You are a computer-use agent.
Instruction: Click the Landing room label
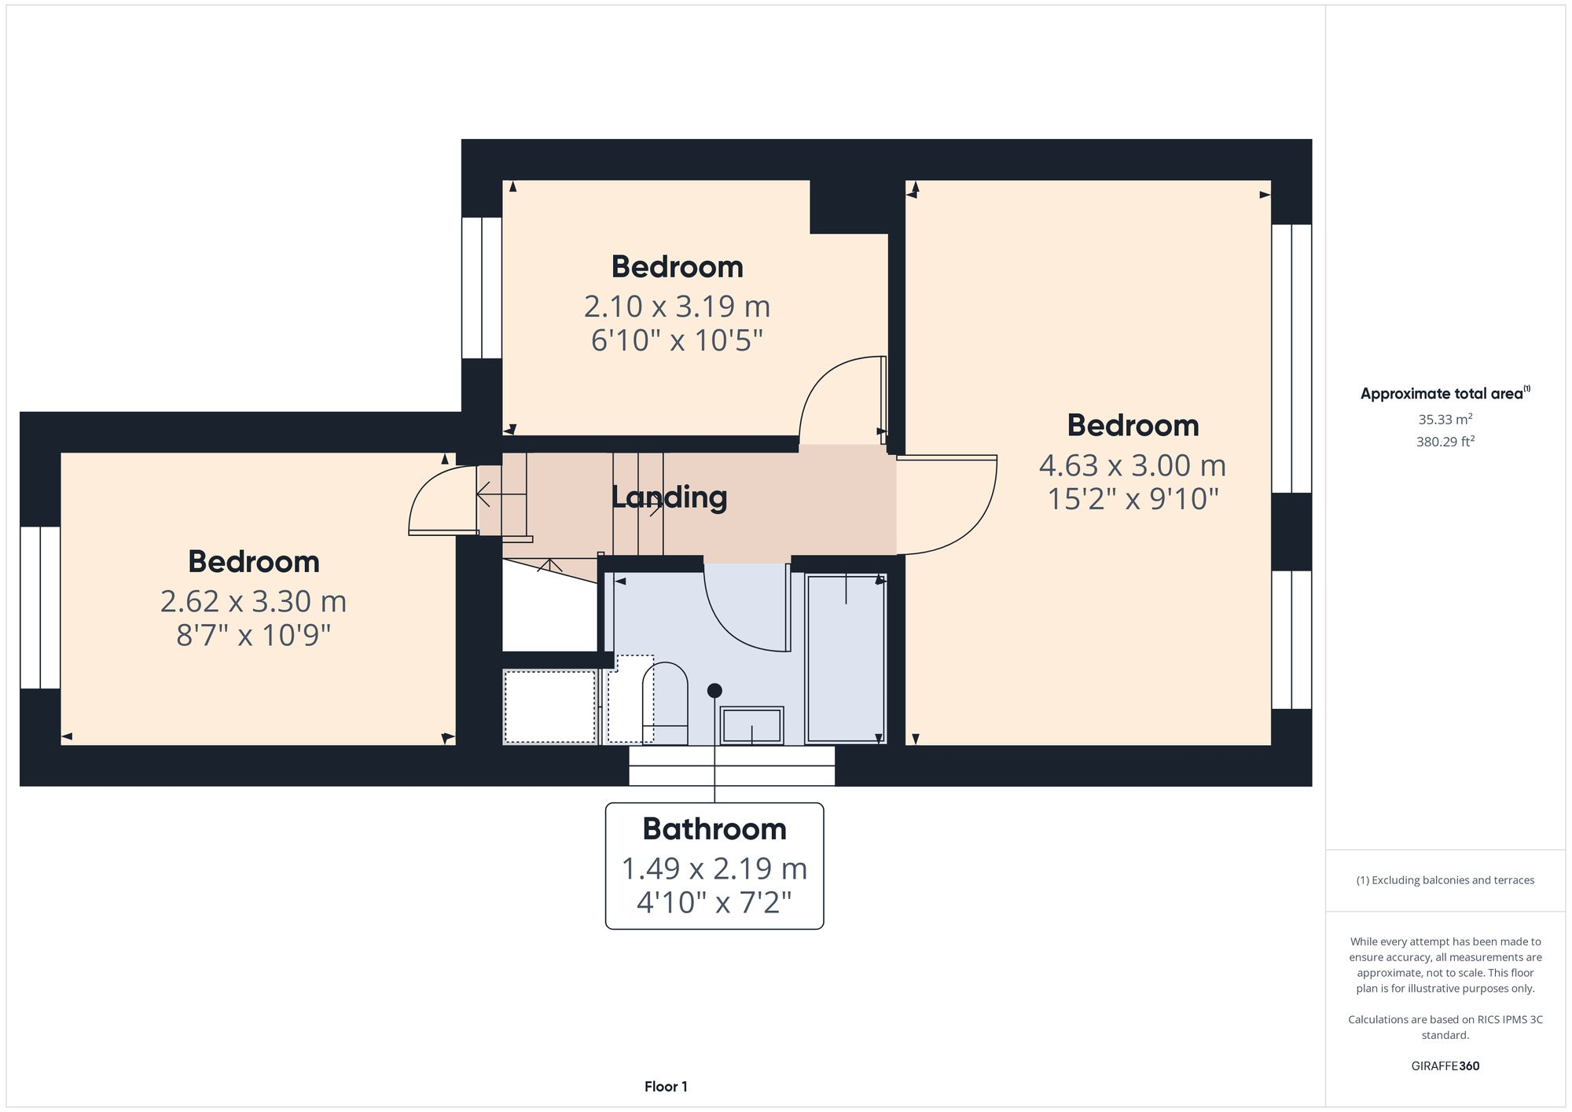(669, 497)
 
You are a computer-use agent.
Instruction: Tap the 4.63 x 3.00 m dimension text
(1132, 465)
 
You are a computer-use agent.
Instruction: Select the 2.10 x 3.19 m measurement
(677, 306)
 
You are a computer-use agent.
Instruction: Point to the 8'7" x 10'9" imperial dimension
(253, 635)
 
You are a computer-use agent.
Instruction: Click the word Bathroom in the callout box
(714, 829)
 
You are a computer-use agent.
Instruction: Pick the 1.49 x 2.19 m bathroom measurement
(714, 868)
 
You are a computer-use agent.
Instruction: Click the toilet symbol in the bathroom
(665, 702)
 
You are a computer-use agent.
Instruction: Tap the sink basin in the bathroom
(752, 725)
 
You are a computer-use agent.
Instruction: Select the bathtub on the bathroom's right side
(846, 659)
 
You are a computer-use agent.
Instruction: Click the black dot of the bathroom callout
(714, 691)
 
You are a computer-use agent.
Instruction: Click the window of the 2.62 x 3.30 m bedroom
(40, 607)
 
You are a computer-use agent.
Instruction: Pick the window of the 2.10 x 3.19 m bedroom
(481, 288)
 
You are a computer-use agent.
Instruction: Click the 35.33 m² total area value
(1445, 420)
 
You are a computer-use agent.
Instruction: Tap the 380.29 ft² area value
(1445, 442)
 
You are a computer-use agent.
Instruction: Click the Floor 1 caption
(666, 1086)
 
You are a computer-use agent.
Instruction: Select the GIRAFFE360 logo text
(1445, 1066)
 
